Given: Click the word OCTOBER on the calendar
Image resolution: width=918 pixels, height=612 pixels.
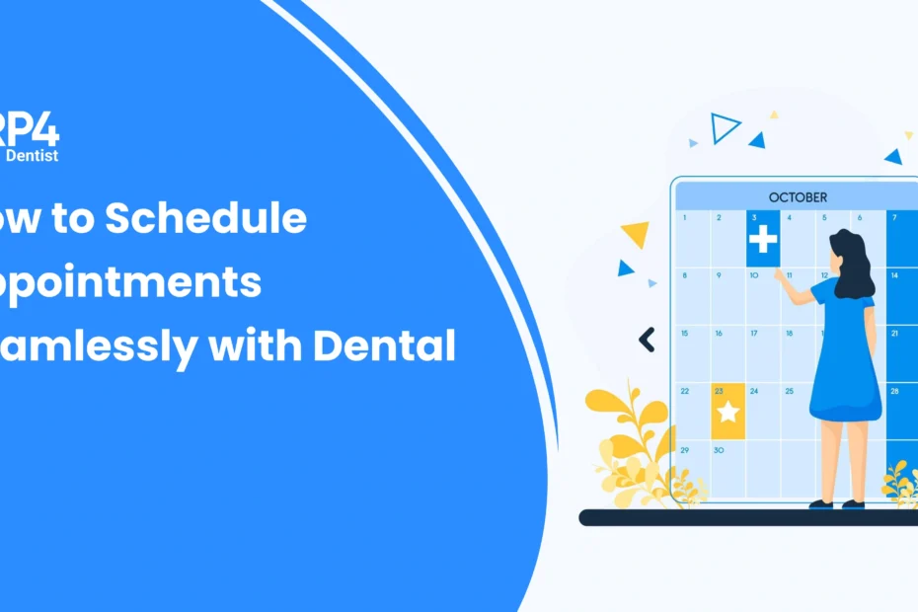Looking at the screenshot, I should coord(798,196).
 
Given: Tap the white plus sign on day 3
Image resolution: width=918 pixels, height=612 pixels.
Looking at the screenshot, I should coord(762,239).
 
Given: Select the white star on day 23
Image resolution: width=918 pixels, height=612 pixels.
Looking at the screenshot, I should coord(728,412).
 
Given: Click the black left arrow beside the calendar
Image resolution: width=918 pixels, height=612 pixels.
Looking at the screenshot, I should coord(647,341).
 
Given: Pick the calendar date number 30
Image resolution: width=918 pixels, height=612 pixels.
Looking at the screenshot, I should coord(719,449).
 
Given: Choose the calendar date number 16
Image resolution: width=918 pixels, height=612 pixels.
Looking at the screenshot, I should coord(719,334).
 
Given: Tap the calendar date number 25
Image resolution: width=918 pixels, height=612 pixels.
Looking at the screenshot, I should coord(789,392).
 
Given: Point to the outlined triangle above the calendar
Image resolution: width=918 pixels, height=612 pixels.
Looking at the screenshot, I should coord(726,126).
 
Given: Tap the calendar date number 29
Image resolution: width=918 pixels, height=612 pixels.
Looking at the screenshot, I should coord(684,449).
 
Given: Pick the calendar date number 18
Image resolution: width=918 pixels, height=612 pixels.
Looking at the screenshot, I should coord(789,334).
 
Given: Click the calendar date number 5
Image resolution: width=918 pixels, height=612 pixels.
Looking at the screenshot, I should coord(823,217).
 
